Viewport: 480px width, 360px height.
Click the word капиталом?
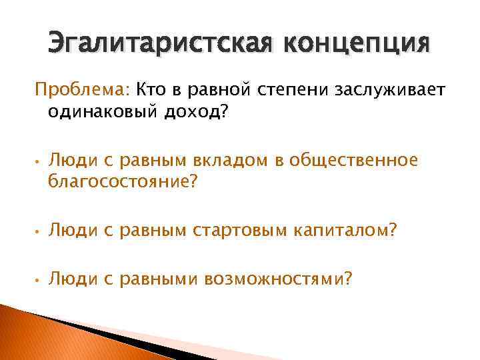click(345, 230)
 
